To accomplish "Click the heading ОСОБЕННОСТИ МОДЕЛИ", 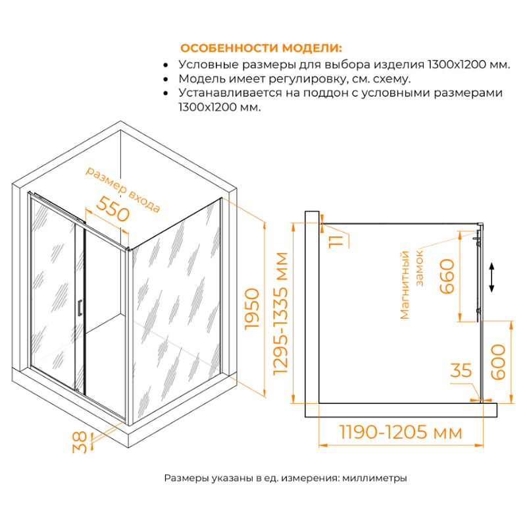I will [261, 49].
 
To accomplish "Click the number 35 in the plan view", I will [461, 371].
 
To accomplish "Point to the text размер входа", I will [123, 189].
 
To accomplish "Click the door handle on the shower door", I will [80, 308].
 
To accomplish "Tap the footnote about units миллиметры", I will [286, 478].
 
